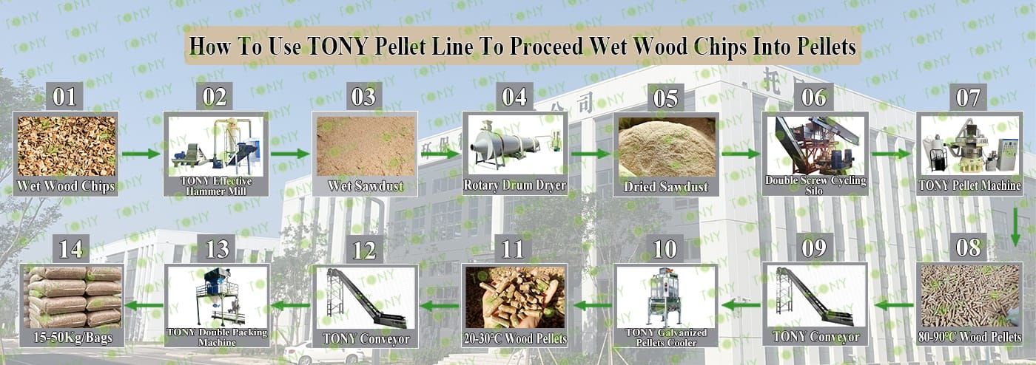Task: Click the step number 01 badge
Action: [x=64, y=97]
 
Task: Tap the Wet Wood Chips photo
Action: [x=66, y=146]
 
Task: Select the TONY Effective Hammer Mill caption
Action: [x=216, y=185]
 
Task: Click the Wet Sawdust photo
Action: [x=366, y=146]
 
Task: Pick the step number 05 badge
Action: [x=665, y=98]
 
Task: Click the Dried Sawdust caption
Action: [x=666, y=187]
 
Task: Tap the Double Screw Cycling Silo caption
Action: [x=815, y=185]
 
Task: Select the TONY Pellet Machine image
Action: [x=969, y=145]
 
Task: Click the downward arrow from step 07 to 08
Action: [x=1015, y=227]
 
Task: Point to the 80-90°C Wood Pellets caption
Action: [x=969, y=337]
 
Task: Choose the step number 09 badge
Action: [x=814, y=248]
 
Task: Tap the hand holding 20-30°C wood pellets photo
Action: [x=515, y=297]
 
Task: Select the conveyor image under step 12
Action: [x=366, y=298]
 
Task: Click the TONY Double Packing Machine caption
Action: [x=217, y=337]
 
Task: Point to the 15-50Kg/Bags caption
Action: [x=73, y=337]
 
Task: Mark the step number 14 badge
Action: [x=71, y=249]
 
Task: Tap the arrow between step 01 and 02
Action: [x=141, y=154]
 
